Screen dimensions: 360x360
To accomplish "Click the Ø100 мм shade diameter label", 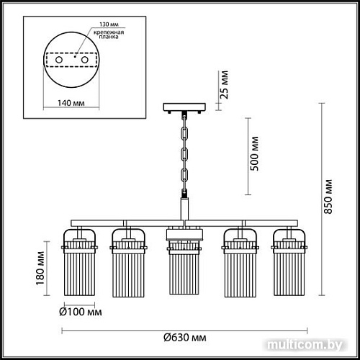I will coord(79,312).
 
